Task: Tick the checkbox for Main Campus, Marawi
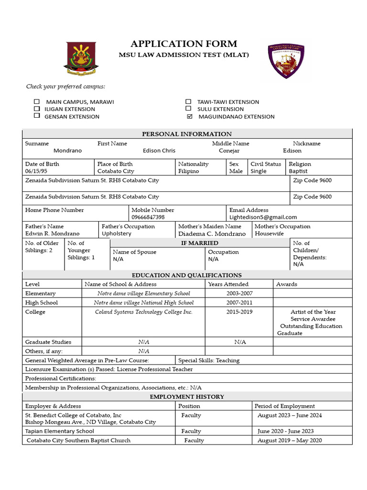pyautogui.click(x=37, y=102)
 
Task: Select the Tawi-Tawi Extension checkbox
pyautogui.click(x=188, y=101)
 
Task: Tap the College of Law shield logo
pyautogui.click(x=286, y=61)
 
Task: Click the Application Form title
pyautogui.click(x=184, y=44)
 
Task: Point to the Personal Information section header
pyautogui.click(x=187, y=134)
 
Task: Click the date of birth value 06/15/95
pyautogui.click(x=36, y=171)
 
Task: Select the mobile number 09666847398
pyautogui.click(x=148, y=217)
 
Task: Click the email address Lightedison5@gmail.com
pyautogui.click(x=263, y=217)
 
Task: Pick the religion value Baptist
pyautogui.click(x=298, y=171)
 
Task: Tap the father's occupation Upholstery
pyautogui.click(x=117, y=234)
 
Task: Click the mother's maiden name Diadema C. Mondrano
pyautogui.click(x=212, y=234)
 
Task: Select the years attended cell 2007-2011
pyautogui.click(x=239, y=302)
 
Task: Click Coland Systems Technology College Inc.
pyautogui.click(x=143, y=312)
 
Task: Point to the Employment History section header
pyautogui.click(x=187, y=397)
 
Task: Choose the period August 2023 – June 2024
pyautogui.click(x=290, y=415)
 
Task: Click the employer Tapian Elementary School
pyautogui.click(x=60, y=431)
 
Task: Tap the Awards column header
pyautogui.click(x=286, y=284)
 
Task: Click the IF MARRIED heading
pyautogui.click(x=199, y=243)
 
